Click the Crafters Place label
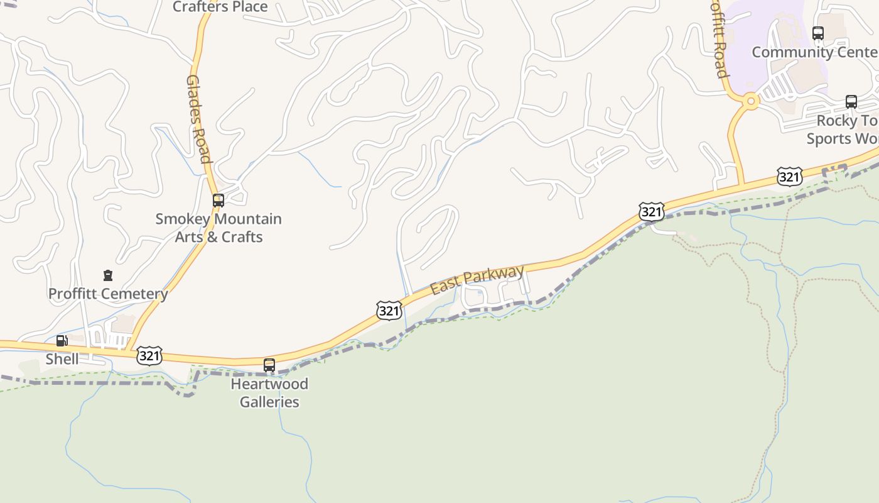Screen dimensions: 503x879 point(220,7)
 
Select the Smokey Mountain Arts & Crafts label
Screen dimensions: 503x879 point(218,228)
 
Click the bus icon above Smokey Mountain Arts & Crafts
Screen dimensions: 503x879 point(218,201)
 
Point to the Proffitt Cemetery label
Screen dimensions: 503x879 point(108,294)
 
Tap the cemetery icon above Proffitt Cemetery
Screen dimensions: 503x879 point(108,275)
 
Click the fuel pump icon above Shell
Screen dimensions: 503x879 point(62,341)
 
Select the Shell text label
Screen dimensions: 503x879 point(62,359)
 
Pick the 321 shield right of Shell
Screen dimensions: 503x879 point(150,356)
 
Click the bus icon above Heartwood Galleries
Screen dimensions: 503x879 point(269,365)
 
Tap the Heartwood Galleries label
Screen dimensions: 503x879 point(269,392)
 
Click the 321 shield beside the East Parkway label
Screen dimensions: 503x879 point(389,310)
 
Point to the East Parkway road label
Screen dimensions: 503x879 point(477,280)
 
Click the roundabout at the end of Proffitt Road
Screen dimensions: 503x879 point(750,101)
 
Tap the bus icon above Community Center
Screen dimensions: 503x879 point(818,33)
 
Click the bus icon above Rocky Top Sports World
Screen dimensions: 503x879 point(851,102)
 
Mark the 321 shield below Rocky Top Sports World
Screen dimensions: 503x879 point(789,177)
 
